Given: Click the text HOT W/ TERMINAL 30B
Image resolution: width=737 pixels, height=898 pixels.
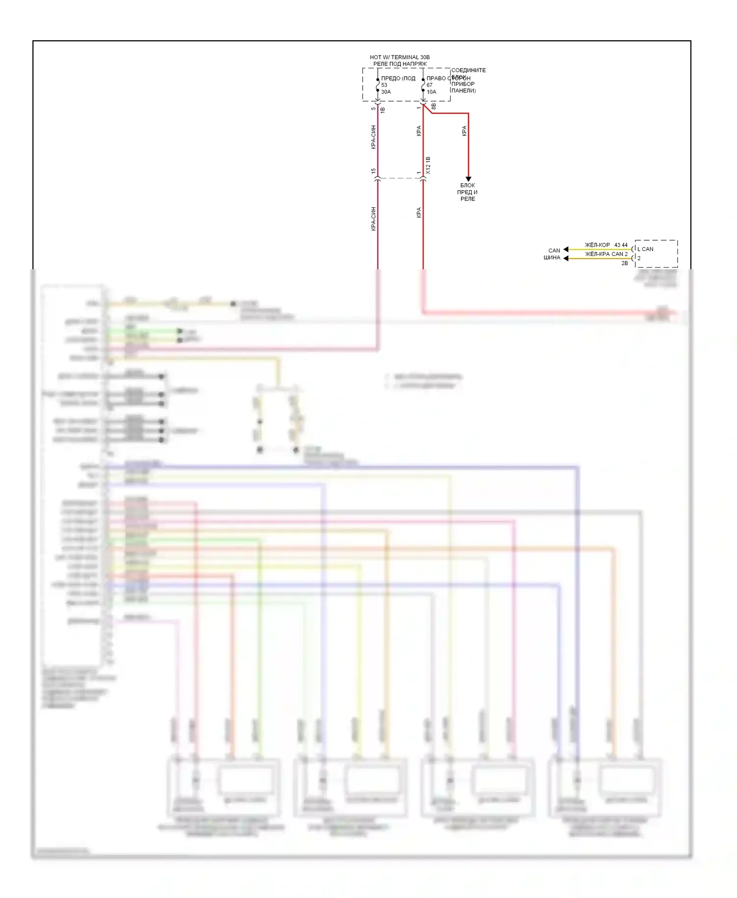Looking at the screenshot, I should [x=399, y=57].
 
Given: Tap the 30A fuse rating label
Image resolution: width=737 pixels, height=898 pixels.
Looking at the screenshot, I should [x=386, y=92].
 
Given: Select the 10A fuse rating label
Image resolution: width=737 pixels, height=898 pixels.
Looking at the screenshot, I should [x=431, y=92].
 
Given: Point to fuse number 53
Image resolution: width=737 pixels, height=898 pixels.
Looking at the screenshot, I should [x=384, y=85].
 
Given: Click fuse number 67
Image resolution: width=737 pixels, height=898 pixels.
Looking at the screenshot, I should [x=429, y=85].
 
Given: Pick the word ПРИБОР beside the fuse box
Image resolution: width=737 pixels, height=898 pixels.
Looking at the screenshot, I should [x=463, y=84].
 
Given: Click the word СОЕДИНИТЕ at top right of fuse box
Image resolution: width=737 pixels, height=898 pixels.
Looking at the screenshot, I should [x=468, y=70].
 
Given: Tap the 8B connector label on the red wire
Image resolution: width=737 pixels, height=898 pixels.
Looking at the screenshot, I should [x=433, y=106].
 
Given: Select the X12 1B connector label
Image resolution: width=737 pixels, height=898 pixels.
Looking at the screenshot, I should [x=428, y=166].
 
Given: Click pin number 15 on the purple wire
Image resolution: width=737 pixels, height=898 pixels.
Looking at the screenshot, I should [x=373, y=171].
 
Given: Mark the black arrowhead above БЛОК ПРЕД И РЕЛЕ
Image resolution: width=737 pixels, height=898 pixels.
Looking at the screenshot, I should [x=468, y=179].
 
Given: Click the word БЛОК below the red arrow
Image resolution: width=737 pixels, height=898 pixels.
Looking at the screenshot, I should [x=468, y=186].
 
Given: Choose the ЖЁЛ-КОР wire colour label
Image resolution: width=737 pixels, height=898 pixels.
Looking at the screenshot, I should [x=597, y=245].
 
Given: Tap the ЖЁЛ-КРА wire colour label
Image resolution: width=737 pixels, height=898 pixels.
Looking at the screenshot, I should [x=597, y=254].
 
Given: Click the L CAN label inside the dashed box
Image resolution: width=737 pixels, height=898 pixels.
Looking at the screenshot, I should [x=645, y=249].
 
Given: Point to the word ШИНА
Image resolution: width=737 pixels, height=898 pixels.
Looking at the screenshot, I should [x=552, y=257].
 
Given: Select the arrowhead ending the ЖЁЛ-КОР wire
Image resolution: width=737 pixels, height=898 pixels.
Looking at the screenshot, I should [x=566, y=249].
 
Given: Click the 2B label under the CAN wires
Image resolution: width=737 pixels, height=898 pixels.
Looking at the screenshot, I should [x=624, y=263].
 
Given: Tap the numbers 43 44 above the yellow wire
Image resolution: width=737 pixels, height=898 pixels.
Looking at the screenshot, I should [x=621, y=245].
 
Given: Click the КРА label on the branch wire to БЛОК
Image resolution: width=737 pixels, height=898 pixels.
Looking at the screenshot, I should [x=464, y=131].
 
